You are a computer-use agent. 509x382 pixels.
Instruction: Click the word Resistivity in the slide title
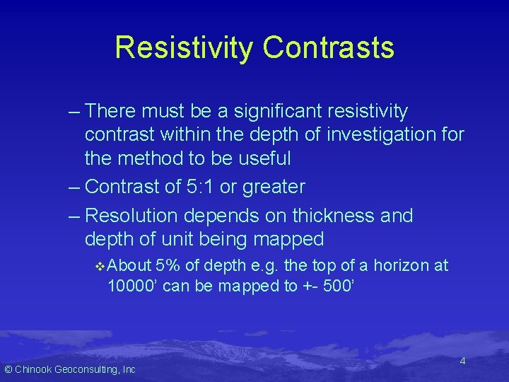(184, 47)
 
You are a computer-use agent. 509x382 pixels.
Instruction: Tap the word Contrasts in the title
(328, 47)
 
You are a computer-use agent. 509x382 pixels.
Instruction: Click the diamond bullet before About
(99, 266)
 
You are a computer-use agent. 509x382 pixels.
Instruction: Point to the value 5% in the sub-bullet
(168, 266)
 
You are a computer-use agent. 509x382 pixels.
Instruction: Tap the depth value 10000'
(132, 286)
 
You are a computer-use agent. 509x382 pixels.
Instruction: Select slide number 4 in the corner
(462, 361)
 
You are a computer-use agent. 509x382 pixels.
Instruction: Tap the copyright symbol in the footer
(8, 369)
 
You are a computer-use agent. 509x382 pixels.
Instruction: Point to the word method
(149, 158)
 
